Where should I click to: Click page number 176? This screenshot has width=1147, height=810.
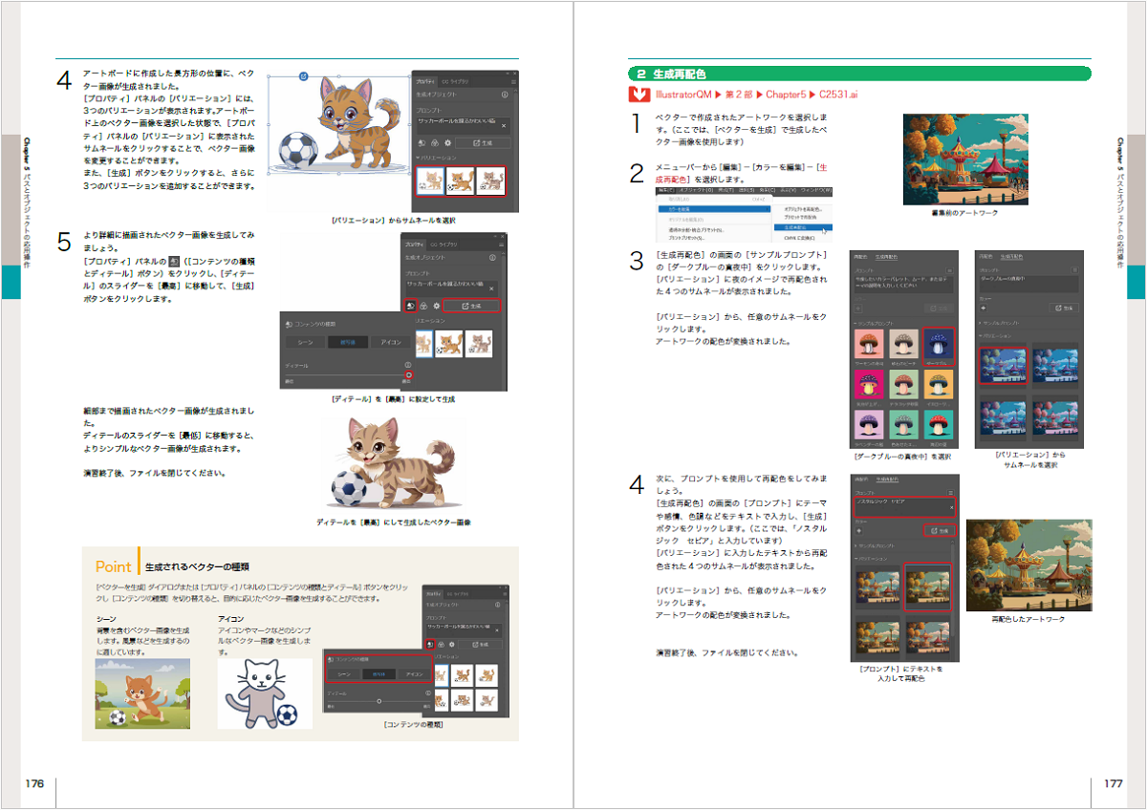point(34,783)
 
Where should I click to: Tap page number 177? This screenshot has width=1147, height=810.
point(1113,783)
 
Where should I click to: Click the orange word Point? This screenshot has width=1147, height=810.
point(114,566)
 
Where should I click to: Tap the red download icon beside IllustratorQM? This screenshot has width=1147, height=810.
point(639,95)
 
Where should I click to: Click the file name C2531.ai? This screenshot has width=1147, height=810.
point(838,95)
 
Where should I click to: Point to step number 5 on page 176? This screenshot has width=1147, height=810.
point(64,243)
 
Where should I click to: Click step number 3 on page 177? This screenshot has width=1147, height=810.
point(637,262)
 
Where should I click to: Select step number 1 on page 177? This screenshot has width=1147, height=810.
point(637,123)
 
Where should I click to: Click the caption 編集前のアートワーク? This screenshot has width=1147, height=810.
point(964,213)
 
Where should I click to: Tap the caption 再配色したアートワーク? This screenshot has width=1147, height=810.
point(1028,619)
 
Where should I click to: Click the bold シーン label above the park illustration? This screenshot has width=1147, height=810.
point(106,619)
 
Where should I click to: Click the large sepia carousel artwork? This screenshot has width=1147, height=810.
point(1028,565)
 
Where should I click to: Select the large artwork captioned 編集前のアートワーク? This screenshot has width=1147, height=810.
point(965,159)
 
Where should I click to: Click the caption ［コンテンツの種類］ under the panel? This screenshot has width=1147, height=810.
point(412,725)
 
